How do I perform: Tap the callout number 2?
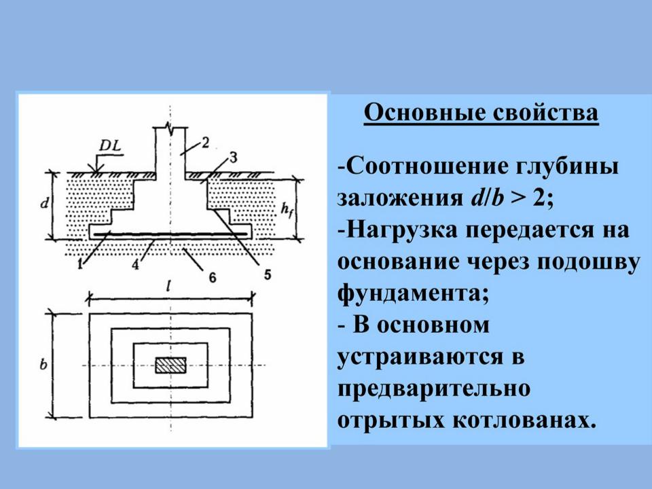click(205, 143)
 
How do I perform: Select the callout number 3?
click(233, 158)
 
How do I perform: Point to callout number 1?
click(81, 264)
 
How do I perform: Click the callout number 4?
click(136, 264)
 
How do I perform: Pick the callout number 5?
click(268, 274)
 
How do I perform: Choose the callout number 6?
click(213, 277)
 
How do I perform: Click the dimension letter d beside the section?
click(45, 203)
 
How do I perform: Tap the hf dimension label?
click(286, 209)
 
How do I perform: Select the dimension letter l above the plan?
click(168, 286)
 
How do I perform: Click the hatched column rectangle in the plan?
click(171, 365)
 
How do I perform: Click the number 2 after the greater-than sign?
click(539, 198)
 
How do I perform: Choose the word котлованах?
click(524, 420)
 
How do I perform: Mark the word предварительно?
click(434, 389)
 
